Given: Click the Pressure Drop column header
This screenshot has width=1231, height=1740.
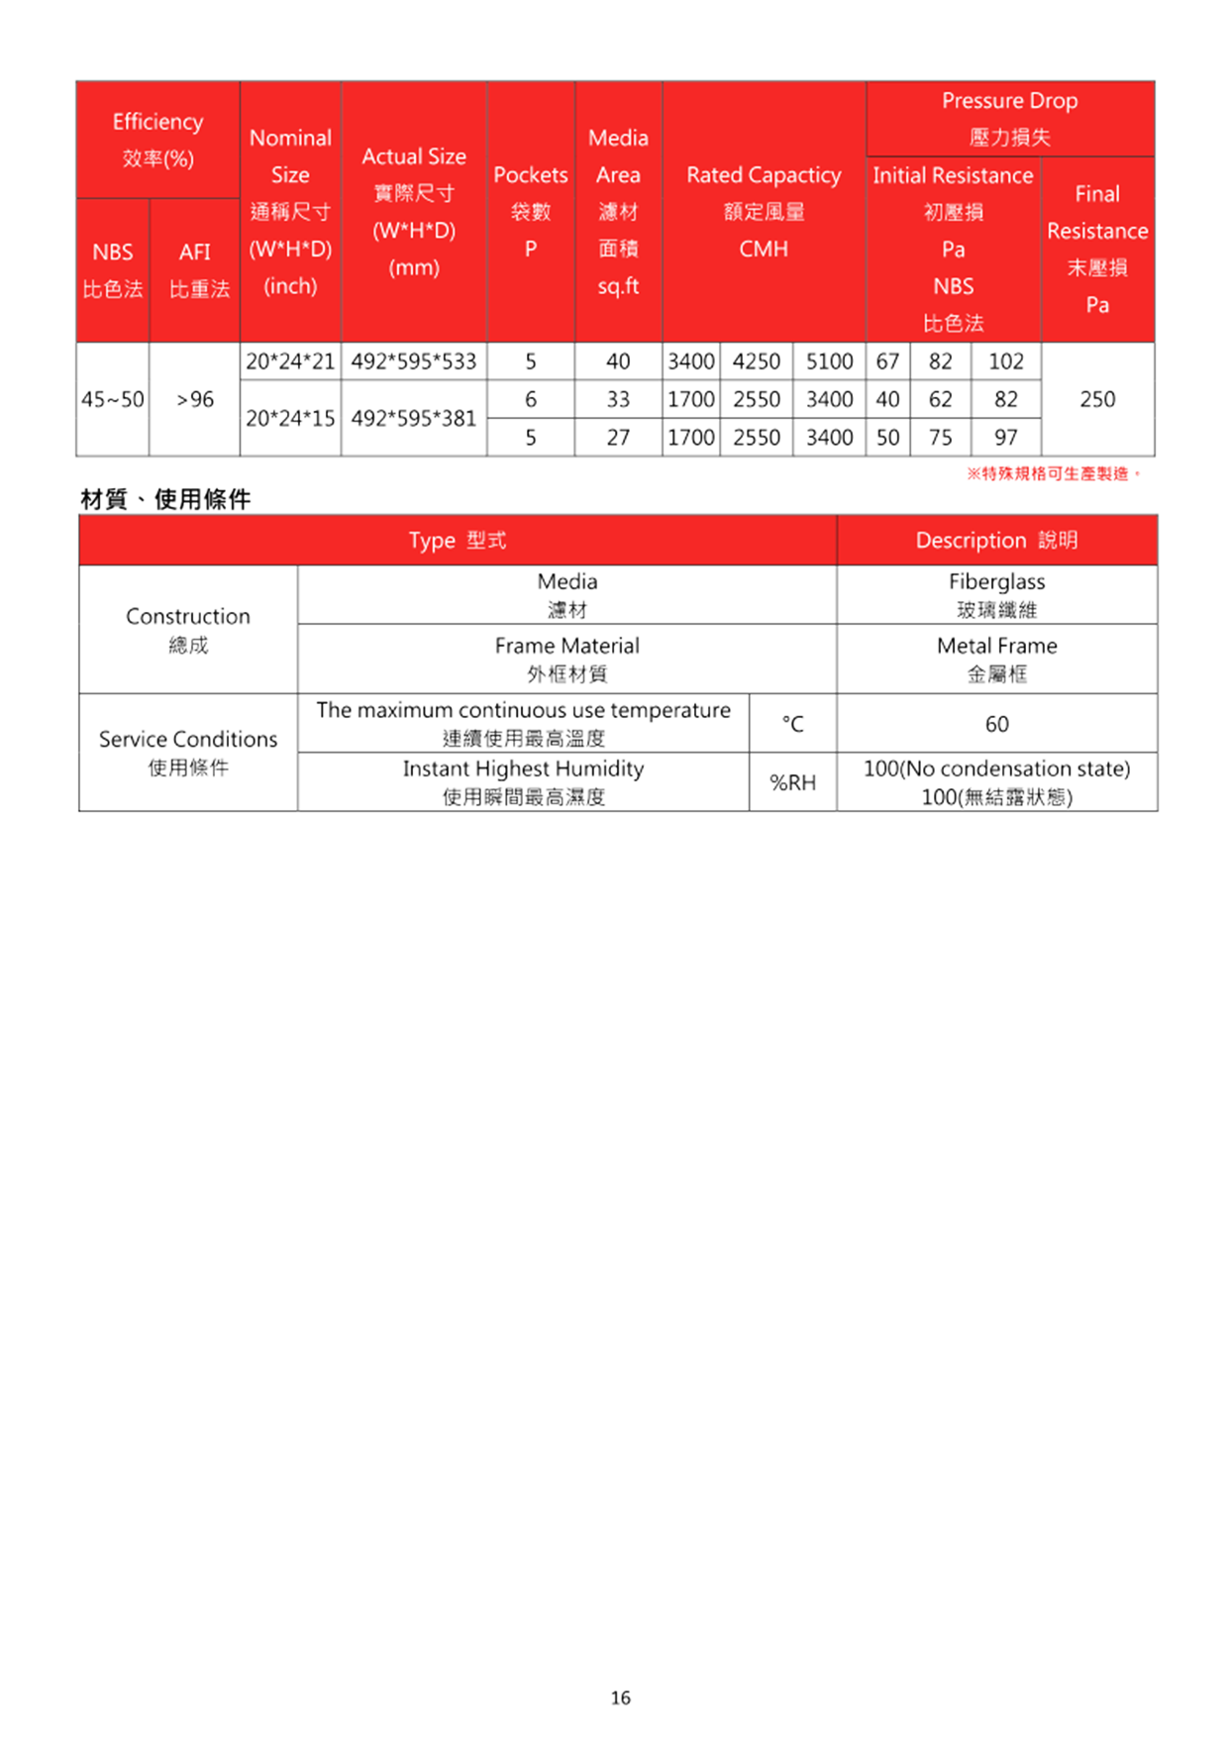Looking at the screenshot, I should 1009,118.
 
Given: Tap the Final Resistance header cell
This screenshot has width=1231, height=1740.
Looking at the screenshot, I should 1096,249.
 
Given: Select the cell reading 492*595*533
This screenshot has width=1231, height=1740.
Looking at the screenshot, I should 413,361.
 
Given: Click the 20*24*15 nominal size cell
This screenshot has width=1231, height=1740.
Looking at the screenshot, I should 290,418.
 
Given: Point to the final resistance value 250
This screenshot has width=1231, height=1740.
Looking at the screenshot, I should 1096,399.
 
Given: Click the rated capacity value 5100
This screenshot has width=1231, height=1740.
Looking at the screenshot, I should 829,361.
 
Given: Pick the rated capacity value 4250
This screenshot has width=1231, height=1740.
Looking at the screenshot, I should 756,361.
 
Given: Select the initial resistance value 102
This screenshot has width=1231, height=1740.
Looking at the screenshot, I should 1005,361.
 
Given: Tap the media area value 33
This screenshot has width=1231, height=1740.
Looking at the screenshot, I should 618,399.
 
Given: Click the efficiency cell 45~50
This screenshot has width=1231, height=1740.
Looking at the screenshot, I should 113,399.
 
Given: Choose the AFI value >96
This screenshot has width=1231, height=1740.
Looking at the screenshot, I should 195,399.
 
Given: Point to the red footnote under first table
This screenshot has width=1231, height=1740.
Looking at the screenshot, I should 1054,474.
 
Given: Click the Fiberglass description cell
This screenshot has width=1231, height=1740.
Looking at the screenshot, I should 996,594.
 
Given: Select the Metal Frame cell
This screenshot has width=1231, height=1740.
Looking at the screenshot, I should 996,659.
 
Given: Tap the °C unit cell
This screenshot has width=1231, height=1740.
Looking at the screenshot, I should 792,724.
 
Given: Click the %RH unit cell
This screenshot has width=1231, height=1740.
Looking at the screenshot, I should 792,782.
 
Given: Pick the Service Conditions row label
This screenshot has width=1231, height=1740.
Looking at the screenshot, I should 188,752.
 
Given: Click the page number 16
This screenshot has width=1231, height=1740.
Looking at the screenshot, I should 620,1697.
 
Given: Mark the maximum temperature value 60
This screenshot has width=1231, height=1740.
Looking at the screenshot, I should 996,724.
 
